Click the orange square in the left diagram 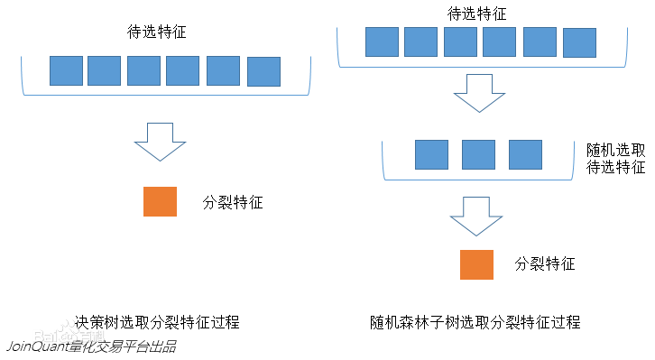(160, 201)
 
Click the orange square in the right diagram (476, 263)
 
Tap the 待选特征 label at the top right (477, 14)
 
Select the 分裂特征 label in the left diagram (233, 202)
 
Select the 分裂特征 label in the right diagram (545, 264)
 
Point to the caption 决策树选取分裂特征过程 (158, 322)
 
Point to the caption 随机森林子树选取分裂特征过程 (475, 322)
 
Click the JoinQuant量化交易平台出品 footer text (91, 346)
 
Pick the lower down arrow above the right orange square (476, 217)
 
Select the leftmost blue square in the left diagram (66, 71)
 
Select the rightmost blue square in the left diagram (263, 71)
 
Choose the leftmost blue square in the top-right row (381, 42)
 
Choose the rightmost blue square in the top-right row (579, 42)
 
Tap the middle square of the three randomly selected (478, 154)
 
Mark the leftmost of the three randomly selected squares (431, 154)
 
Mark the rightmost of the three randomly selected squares (525, 154)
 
